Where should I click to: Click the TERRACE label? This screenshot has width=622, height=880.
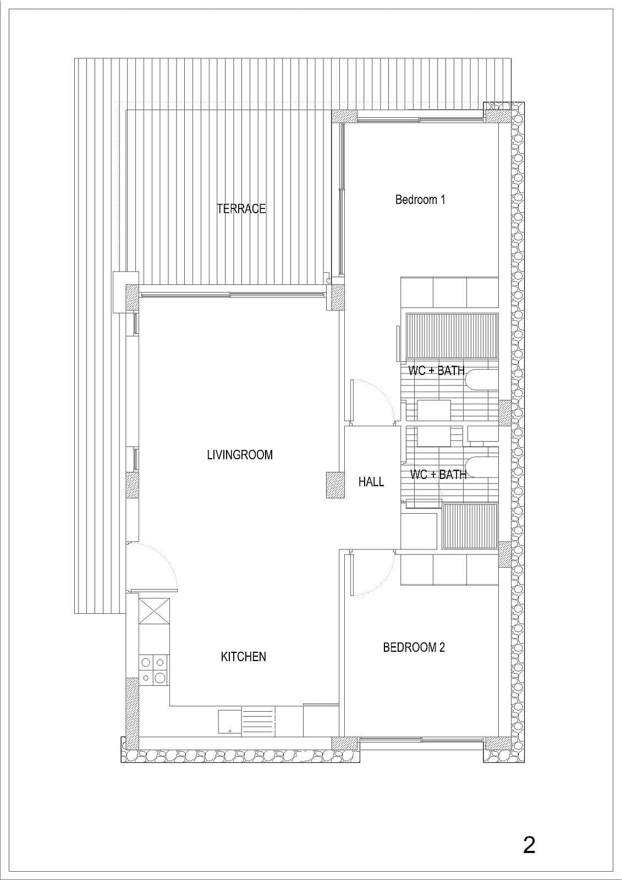241,208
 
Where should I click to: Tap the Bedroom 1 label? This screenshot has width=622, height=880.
420,200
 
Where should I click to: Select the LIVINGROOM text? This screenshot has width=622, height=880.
240,455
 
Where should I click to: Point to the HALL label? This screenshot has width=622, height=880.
371,482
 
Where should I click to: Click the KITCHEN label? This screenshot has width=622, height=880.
243,657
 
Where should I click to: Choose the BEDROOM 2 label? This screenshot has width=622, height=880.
414,647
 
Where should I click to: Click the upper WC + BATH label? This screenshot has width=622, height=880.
436,371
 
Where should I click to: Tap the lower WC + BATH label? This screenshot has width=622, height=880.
438,475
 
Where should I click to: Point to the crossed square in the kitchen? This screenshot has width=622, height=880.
154,608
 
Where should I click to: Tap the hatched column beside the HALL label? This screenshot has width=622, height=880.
335,485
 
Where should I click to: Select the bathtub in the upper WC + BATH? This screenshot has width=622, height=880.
482,380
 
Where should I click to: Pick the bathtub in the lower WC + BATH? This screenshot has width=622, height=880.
482,467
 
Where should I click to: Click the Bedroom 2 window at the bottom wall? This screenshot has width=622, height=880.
421,740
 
